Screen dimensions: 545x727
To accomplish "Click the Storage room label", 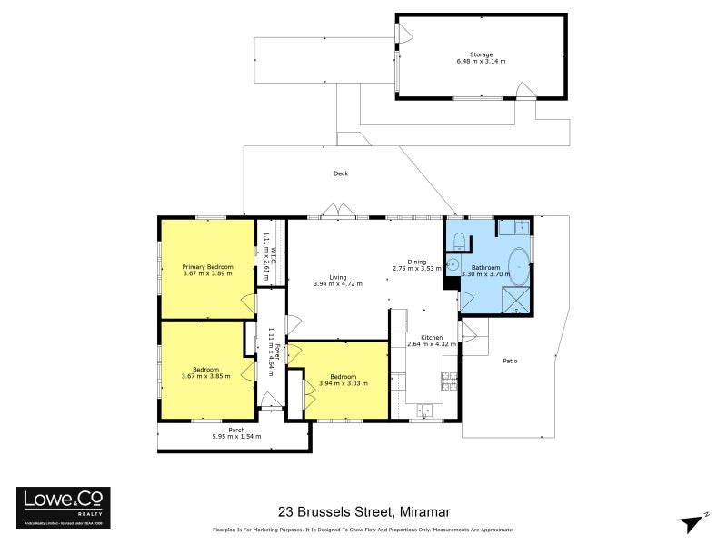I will click(x=482, y=54).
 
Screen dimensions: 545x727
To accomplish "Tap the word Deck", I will click(x=341, y=173).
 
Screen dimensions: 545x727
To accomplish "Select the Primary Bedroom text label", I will click(x=207, y=266).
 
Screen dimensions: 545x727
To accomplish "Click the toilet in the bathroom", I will click(x=460, y=241).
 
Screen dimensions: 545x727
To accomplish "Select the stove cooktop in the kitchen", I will click(x=448, y=382).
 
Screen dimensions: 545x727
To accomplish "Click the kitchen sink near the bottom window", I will click(x=423, y=411).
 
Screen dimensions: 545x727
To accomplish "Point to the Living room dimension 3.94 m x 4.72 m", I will click(x=337, y=284).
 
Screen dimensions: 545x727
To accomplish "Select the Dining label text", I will click(x=417, y=262).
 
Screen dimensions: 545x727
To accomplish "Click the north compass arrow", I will click(x=694, y=520).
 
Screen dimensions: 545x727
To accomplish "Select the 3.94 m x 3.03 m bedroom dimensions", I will click(x=343, y=383).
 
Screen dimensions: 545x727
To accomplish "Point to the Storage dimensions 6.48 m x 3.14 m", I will click(x=482, y=62).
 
